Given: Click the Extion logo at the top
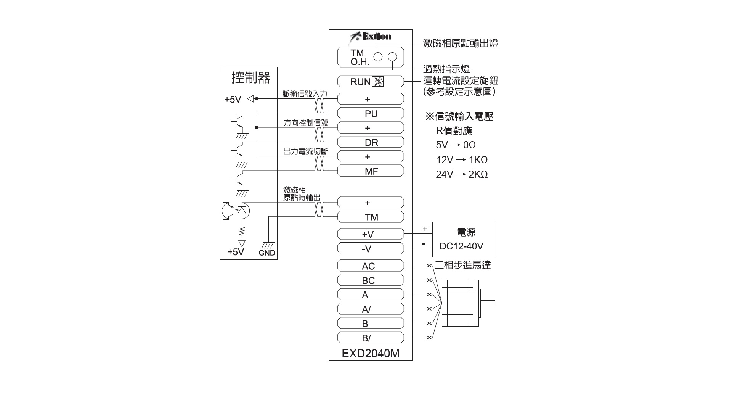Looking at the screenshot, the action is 371,36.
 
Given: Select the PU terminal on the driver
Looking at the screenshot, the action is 371,113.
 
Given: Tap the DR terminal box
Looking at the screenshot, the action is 371,142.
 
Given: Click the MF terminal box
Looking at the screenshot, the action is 371,171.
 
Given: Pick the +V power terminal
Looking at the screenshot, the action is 371,234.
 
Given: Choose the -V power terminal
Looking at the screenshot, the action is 371,248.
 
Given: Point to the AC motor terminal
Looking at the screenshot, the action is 371,266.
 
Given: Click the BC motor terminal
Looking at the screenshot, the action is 371,280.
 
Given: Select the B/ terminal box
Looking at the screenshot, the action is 371,338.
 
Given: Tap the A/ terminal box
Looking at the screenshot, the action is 371,309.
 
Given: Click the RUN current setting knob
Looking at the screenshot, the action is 378,82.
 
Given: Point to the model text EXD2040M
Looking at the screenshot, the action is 371,354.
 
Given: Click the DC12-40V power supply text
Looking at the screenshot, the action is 461,246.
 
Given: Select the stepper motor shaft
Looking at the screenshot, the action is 488,303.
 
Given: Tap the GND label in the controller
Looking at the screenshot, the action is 267,253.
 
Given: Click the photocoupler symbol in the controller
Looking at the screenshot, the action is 236,211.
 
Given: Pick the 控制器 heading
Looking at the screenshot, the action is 251,78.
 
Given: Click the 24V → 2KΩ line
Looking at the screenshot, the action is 462,174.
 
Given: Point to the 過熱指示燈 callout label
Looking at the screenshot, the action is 446,69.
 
